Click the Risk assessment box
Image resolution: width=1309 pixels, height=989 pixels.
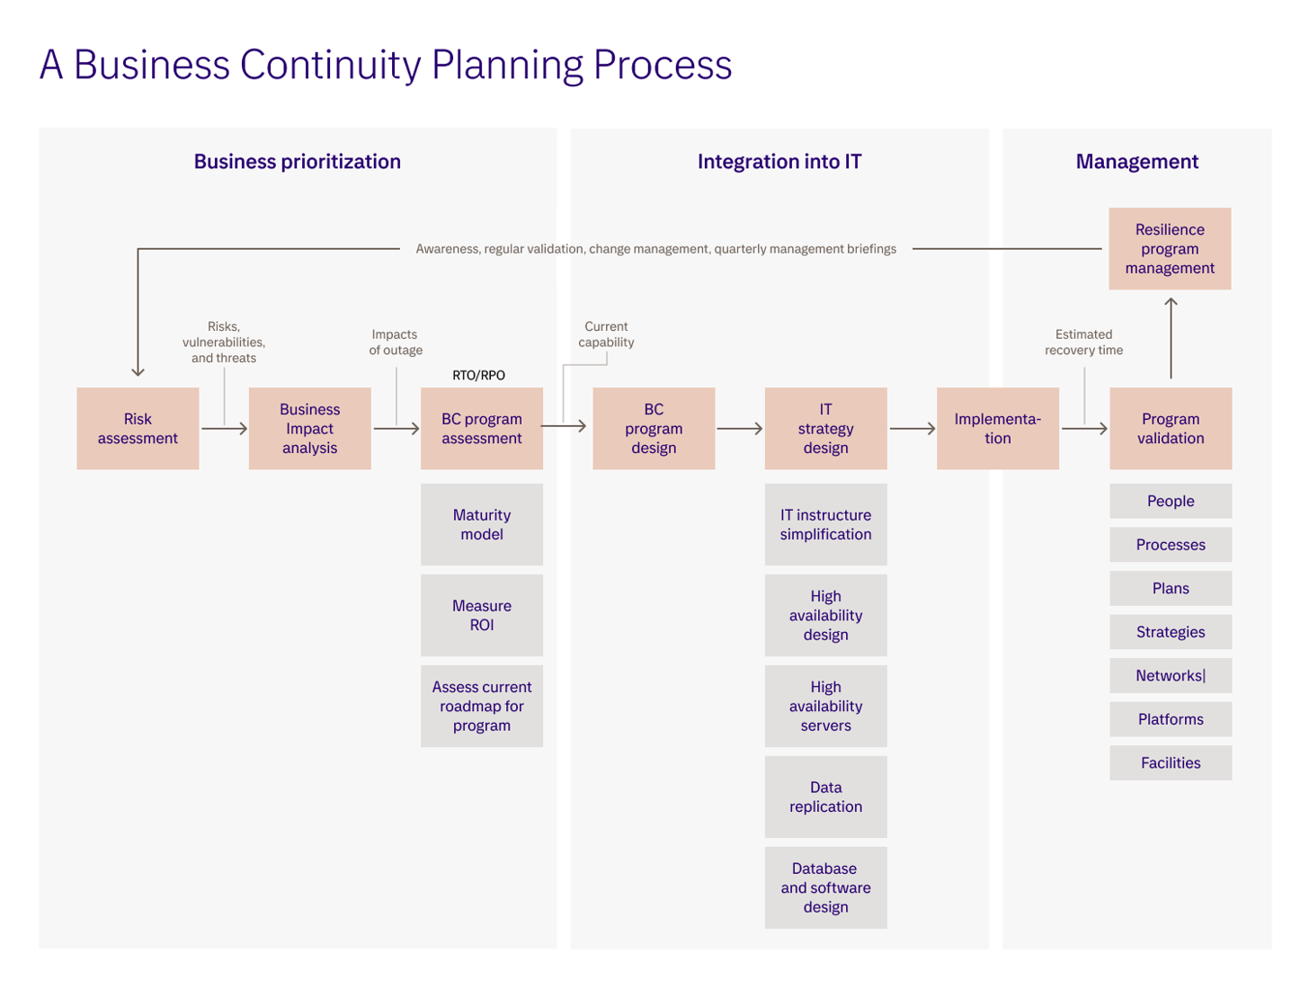[138, 429]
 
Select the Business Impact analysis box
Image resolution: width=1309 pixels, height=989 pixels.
[309, 429]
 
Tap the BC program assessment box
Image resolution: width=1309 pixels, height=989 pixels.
[482, 429]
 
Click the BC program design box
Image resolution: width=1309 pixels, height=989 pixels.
[654, 429]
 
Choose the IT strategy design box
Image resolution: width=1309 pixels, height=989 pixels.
[825, 429]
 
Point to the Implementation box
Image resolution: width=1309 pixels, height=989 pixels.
[998, 429]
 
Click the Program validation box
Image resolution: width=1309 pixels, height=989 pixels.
[1171, 429]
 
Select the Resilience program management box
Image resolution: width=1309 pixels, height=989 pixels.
[1170, 249]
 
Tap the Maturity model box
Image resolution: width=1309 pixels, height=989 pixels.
[482, 525]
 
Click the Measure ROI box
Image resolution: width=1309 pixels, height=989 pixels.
[482, 616]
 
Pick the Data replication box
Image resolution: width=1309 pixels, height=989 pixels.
[825, 797]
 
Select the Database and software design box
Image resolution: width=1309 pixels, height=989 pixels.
[825, 888]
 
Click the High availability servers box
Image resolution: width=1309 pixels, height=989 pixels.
[825, 707]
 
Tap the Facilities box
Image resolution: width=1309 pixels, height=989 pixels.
[1171, 763]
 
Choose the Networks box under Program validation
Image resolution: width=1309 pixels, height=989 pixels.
[1171, 676]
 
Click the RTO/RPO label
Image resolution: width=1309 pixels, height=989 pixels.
[478, 375]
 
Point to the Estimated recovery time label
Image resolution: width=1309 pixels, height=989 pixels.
[1083, 343]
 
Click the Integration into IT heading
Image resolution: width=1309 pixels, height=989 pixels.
[779, 162]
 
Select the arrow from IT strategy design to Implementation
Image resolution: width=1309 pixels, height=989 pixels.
[913, 429]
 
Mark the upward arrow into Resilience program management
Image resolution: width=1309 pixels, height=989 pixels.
[1171, 338]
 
